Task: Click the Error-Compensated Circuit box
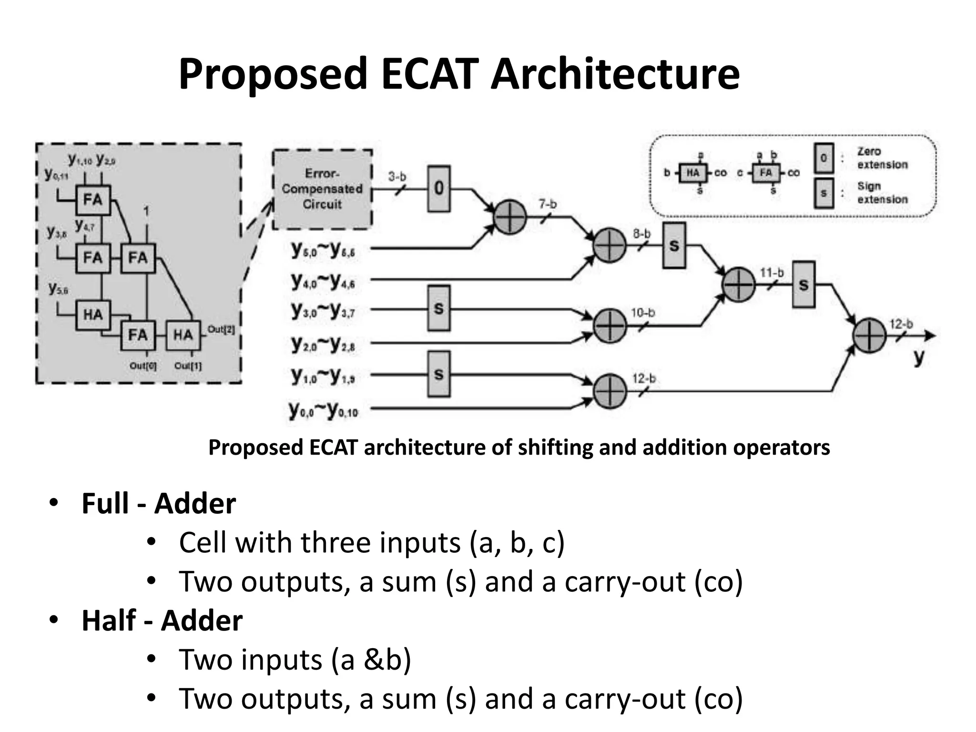coord(322,189)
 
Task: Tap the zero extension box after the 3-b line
coord(438,189)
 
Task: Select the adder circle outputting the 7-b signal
coord(509,217)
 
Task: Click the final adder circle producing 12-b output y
coord(869,336)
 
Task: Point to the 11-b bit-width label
coord(772,273)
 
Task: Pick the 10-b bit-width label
coord(643,313)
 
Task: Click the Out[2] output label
coord(221,329)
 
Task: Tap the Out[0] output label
coord(143,366)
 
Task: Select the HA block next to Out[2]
coord(183,335)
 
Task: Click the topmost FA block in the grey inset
coord(93,200)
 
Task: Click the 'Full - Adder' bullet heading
coord(159,503)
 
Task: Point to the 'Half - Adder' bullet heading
coord(162,620)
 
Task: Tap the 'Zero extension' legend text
coord(882,158)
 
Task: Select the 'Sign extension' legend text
coord(882,193)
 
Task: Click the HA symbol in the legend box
coord(693,173)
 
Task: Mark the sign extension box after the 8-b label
coord(674,245)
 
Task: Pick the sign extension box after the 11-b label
coord(803,285)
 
